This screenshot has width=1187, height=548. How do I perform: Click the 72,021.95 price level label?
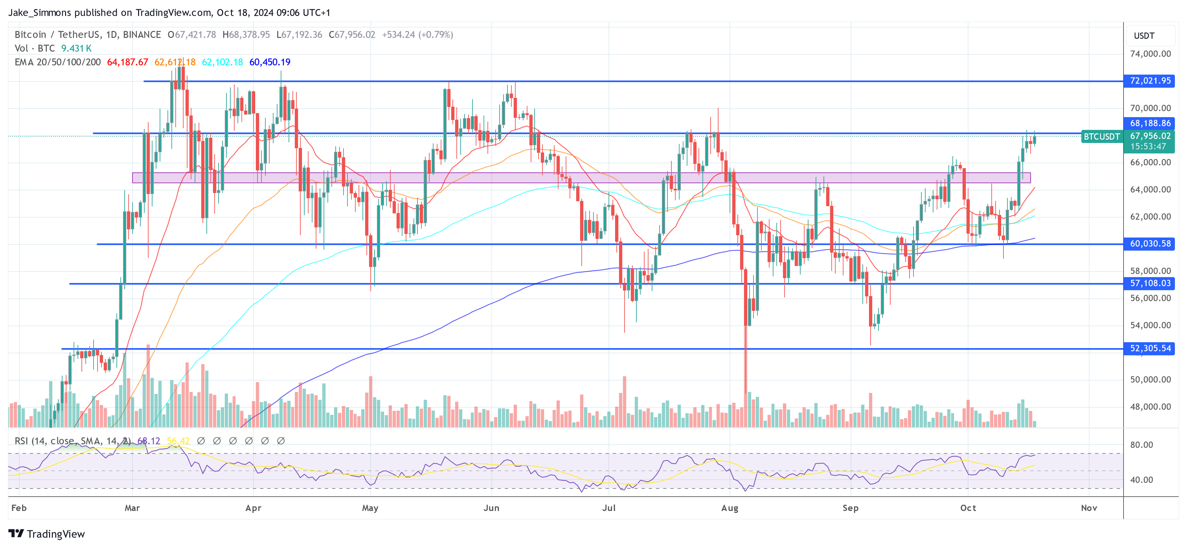pyautogui.click(x=1150, y=81)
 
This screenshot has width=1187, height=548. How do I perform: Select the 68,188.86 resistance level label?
pyautogui.click(x=1150, y=123)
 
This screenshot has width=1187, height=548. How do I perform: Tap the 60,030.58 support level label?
pyautogui.click(x=1150, y=243)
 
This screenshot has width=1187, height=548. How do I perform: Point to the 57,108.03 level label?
pyautogui.click(x=1150, y=283)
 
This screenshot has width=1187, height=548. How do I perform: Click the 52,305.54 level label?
pyautogui.click(x=1150, y=348)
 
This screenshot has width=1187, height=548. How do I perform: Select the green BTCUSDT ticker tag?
pyautogui.click(x=1101, y=136)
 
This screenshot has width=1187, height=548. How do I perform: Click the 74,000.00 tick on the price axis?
pyautogui.click(x=1150, y=54)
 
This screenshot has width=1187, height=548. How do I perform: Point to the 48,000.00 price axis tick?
pyautogui.click(x=1150, y=407)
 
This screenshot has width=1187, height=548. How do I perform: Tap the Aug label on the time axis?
pyautogui.click(x=729, y=508)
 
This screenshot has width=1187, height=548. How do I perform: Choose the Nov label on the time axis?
pyautogui.click(x=1089, y=508)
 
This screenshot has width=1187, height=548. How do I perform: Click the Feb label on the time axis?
pyautogui.click(x=19, y=508)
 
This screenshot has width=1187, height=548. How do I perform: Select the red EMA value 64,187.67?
pyautogui.click(x=128, y=62)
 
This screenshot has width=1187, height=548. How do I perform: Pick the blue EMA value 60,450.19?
pyautogui.click(x=270, y=62)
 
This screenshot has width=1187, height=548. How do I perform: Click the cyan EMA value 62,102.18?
pyautogui.click(x=222, y=62)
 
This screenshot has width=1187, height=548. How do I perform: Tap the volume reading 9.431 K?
pyautogui.click(x=77, y=48)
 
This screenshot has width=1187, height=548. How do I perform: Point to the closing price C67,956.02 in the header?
pyautogui.click(x=352, y=35)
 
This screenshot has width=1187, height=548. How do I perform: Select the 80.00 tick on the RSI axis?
pyautogui.click(x=1142, y=445)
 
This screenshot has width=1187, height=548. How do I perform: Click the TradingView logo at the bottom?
pyautogui.click(x=47, y=534)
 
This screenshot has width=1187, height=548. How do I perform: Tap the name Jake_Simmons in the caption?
pyautogui.click(x=40, y=12)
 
